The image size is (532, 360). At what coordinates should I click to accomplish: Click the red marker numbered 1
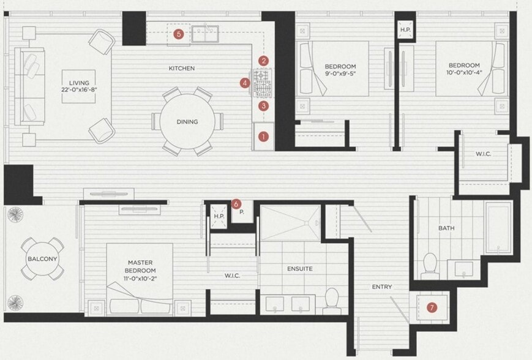(263, 137)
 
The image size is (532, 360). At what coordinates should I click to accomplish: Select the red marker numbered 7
(432, 308)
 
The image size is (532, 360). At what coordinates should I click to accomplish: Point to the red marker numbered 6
(236, 204)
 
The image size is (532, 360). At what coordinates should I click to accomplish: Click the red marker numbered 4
(245, 83)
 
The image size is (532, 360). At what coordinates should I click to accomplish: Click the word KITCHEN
(182, 68)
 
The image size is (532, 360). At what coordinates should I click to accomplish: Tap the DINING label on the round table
(187, 121)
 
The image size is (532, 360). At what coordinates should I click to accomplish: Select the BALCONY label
(42, 259)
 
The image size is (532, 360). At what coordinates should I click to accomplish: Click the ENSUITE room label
(300, 269)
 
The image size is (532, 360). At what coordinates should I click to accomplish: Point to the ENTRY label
(382, 287)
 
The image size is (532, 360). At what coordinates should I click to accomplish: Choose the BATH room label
(446, 228)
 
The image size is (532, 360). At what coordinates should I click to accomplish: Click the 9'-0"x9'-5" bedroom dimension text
(340, 73)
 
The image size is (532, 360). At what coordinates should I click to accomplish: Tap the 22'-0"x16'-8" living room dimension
(79, 90)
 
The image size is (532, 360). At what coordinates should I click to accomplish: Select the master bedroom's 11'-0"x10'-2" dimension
(140, 279)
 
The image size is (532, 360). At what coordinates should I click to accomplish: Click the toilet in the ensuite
(331, 301)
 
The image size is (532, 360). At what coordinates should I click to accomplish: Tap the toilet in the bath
(430, 266)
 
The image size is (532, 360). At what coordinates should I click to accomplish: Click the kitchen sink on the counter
(205, 34)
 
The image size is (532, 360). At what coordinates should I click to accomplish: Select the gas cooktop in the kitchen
(261, 83)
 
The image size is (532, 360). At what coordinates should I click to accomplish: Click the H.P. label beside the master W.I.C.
(219, 216)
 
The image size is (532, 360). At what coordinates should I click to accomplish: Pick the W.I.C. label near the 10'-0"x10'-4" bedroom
(483, 154)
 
